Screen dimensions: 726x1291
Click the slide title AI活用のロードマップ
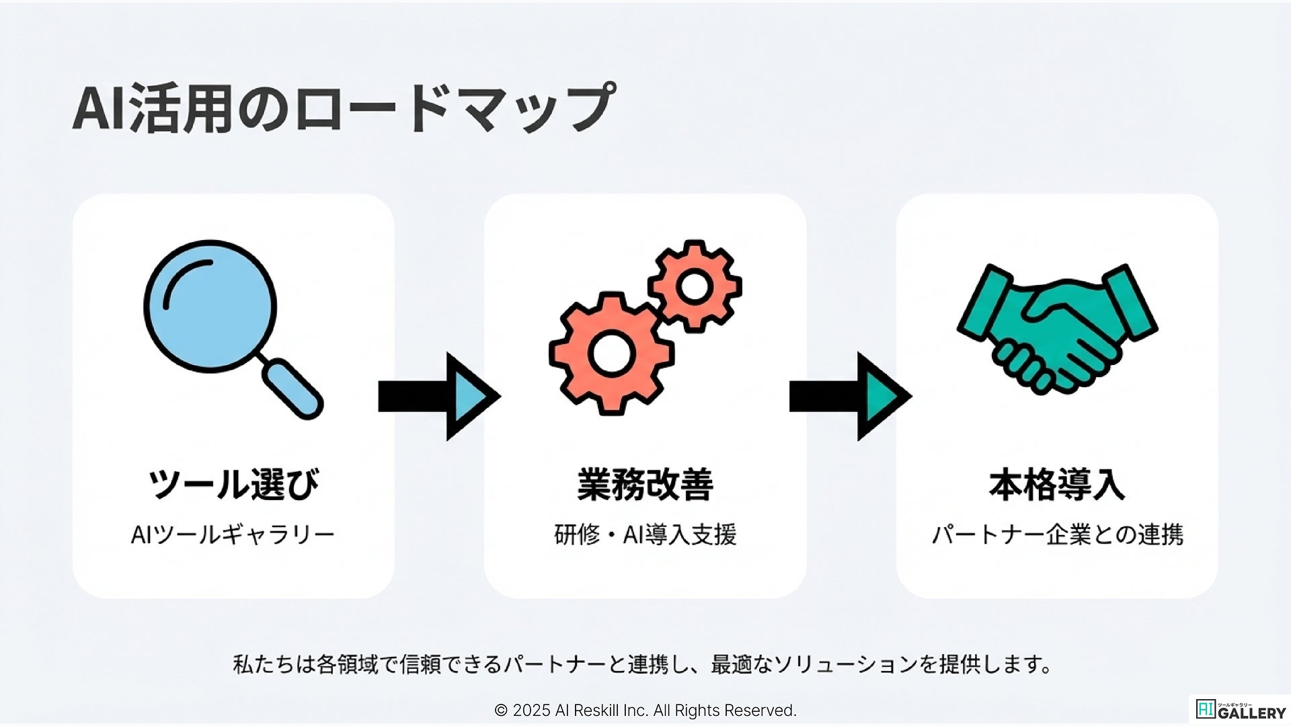(343, 108)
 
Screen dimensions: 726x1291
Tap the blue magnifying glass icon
(210, 307)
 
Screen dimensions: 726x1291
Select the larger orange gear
(611, 354)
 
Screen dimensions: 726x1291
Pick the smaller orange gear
(695, 286)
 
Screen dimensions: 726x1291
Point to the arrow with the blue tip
(439, 397)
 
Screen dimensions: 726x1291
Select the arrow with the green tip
(850, 397)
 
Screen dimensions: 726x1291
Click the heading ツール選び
(233, 484)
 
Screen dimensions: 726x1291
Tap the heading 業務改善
(645, 484)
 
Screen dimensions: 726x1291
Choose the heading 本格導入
(1056, 484)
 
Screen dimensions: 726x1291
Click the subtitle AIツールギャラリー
(233, 535)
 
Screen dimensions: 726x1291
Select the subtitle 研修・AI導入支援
(645, 535)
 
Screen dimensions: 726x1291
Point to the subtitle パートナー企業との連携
(1056, 535)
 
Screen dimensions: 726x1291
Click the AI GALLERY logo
(1241, 710)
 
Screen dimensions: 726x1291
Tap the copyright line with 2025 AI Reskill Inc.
(645, 711)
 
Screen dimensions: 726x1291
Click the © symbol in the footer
(501, 711)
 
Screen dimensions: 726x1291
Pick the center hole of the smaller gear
(695, 286)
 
